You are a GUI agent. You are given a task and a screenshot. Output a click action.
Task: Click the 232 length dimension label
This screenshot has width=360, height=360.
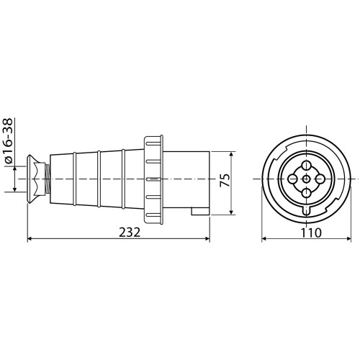point(130,232)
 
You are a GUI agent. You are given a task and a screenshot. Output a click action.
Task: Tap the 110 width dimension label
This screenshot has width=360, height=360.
point(311,233)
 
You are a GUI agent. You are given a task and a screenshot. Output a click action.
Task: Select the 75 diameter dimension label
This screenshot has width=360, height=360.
point(225,180)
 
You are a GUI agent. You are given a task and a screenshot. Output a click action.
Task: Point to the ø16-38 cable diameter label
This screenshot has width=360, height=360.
point(9,140)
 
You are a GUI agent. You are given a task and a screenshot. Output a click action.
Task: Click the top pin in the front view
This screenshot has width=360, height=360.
point(306,165)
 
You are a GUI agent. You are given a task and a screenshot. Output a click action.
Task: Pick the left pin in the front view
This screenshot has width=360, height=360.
point(292,179)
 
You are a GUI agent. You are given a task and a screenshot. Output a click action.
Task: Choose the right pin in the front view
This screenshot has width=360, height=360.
point(320,179)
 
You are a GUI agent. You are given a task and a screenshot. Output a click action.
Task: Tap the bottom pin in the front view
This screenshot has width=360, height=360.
point(306,193)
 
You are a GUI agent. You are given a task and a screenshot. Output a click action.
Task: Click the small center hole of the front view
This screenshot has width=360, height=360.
point(306,179)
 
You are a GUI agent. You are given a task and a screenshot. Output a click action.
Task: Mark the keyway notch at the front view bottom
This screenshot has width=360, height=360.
point(306,210)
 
